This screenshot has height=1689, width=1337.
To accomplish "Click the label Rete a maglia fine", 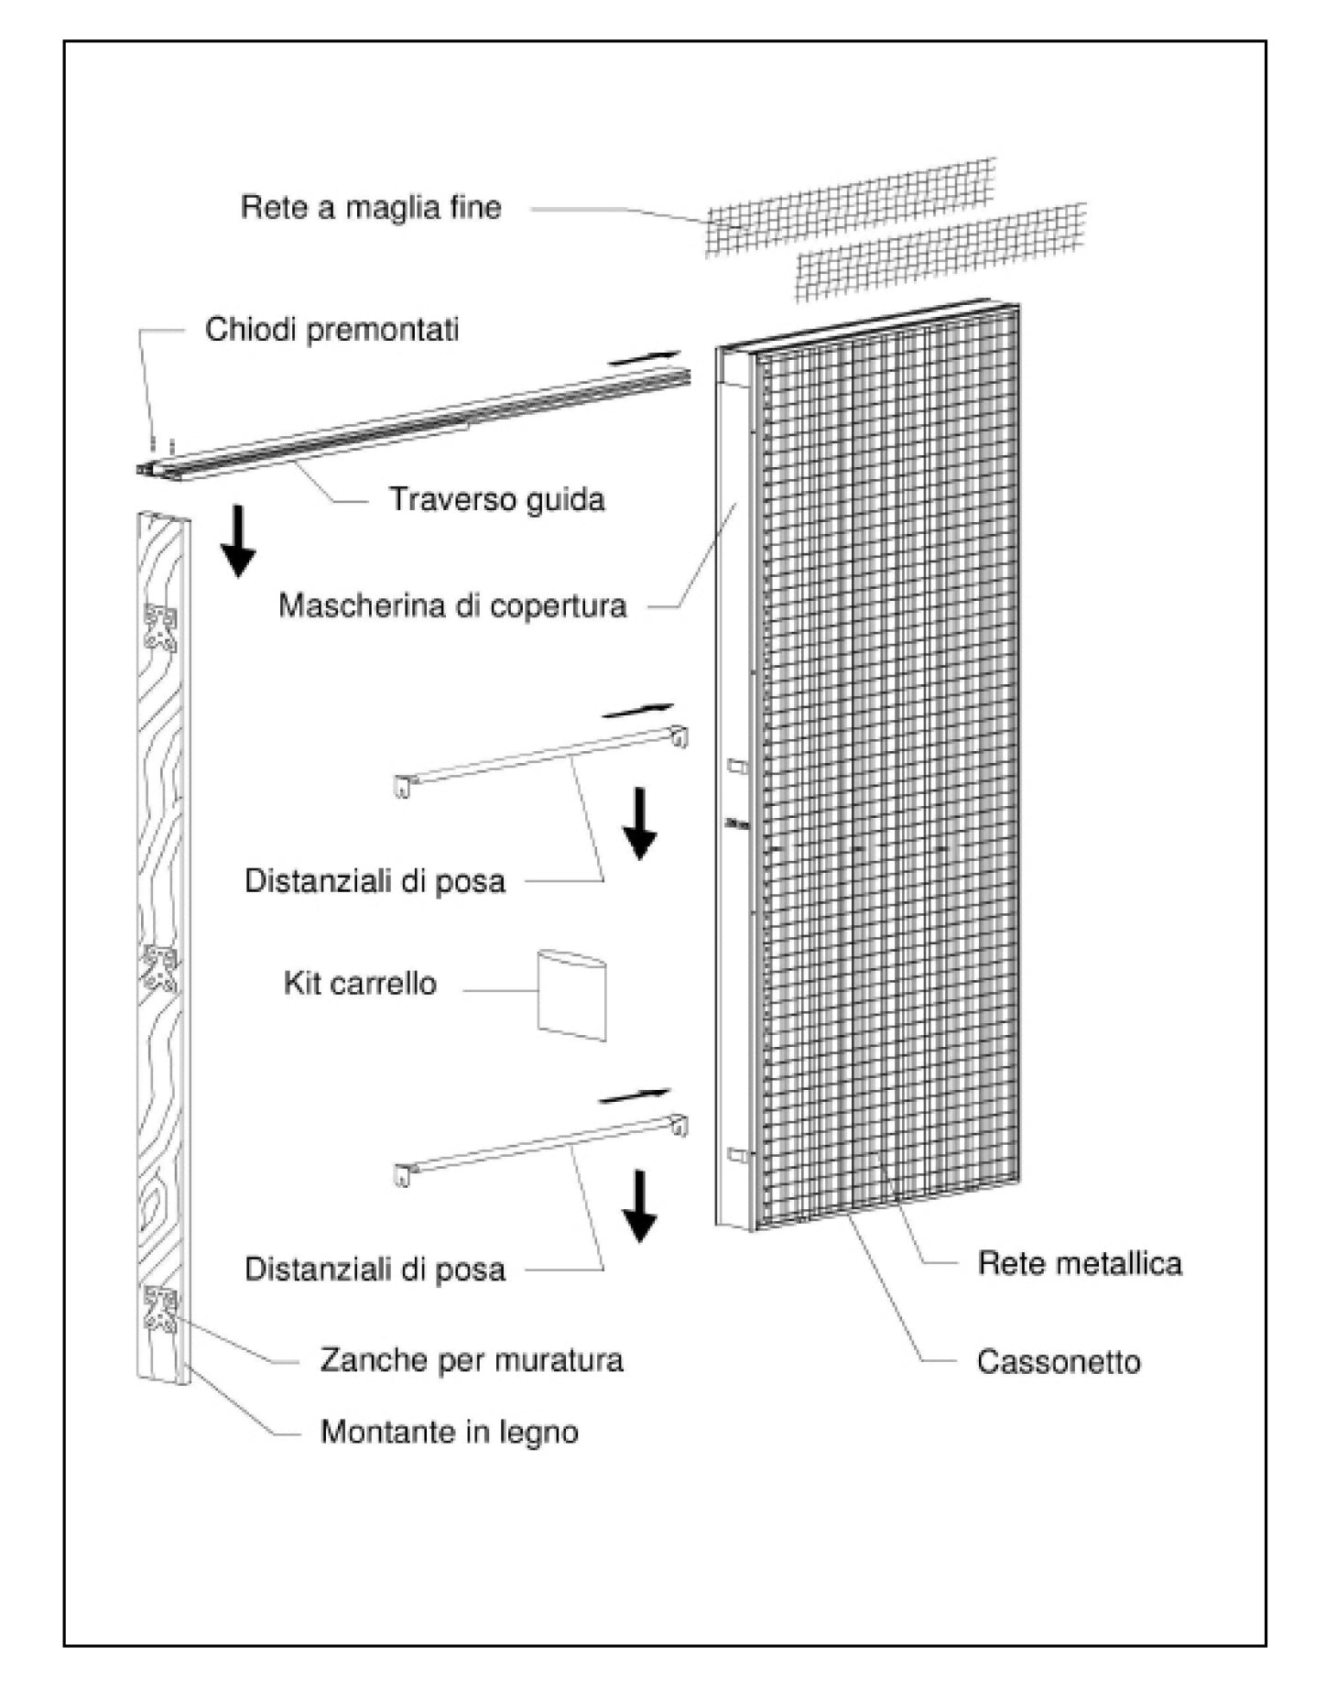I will point(371,208).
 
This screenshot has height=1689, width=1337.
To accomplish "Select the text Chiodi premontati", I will point(332,330).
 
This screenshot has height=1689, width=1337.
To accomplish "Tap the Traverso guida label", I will point(496,500).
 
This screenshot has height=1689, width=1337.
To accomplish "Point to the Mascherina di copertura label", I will point(452,606).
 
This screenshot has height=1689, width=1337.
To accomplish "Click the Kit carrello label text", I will point(360,984).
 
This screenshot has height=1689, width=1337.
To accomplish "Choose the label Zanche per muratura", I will point(471,1360).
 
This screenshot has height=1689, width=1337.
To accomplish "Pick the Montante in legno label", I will point(449,1433).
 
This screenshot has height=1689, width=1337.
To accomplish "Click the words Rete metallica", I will point(1080,1264).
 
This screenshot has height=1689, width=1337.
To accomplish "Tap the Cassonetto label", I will point(1059,1362).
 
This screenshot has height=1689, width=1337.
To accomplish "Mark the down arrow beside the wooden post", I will point(238,540).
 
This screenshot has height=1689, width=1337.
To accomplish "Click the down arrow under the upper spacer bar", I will point(639,823).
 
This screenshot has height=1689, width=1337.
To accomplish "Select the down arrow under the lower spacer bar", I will point(639,1205).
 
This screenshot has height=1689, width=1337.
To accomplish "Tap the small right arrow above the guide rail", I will point(645,357).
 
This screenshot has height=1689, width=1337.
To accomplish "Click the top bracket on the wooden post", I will point(160,628).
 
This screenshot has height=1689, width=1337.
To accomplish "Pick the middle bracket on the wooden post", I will point(160,970).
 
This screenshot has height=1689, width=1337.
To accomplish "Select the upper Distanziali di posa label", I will point(375,881).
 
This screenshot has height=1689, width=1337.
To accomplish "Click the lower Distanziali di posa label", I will point(375,1269).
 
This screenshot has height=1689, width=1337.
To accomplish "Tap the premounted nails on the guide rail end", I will point(162,446).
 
